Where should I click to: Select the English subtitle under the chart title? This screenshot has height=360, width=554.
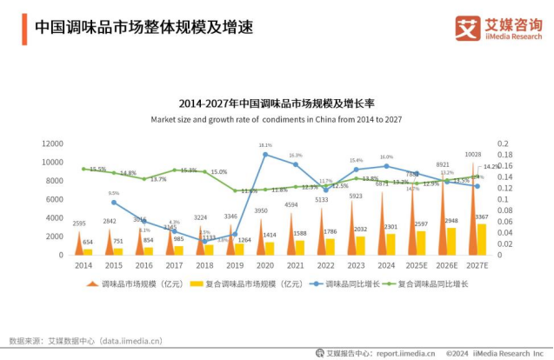point(276,119)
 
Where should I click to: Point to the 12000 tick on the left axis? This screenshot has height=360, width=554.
point(52,143)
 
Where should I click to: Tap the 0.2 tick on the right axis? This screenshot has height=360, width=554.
point(503,143)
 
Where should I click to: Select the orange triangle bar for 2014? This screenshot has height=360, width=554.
point(79,243)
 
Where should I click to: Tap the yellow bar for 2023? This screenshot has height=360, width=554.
point(360,245)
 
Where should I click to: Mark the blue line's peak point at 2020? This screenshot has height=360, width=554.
point(265,154)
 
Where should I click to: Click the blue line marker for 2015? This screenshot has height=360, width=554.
point(114,203)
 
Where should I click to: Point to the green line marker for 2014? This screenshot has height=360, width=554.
point(83,169)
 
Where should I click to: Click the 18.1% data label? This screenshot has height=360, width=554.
point(265,145)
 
